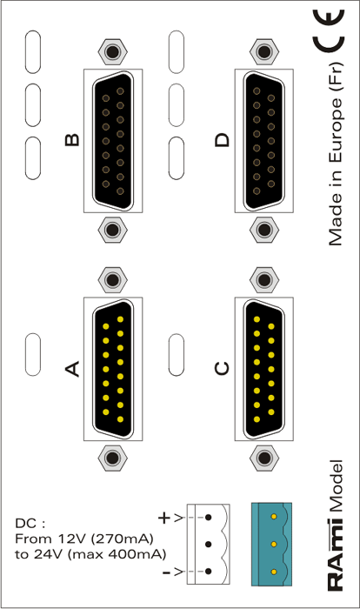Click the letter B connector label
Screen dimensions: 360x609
click(73, 140)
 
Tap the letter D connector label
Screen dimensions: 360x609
click(223, 140)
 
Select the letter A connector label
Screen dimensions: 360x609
click(72, 369)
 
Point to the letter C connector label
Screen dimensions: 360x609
click(222, 369)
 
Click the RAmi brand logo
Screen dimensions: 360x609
click(336, 554)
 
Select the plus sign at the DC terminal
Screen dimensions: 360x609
click(164, 518)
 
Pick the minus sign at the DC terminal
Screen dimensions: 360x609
click(166, 572)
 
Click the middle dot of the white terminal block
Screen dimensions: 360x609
click(209, 544)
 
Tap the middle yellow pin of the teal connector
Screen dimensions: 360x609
click(274, 544)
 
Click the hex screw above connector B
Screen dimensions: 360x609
click(113, 51)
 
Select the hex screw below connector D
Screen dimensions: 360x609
click(264, 230)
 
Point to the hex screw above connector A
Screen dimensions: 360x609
click(113, 279)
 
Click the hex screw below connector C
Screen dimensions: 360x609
click(264, 458)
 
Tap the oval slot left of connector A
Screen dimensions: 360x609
click(33, 354)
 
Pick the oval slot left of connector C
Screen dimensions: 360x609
click(177, 355)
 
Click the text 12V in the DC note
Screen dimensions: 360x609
click(69, 539)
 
